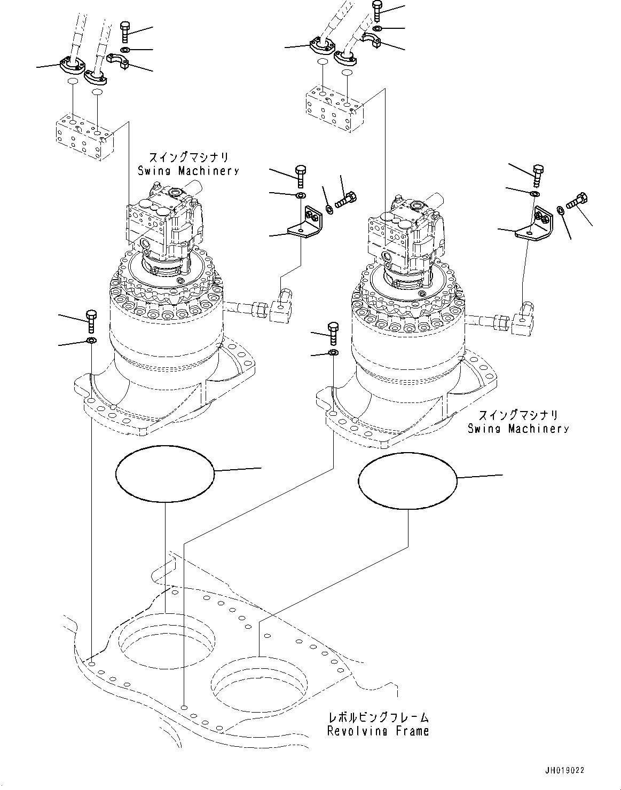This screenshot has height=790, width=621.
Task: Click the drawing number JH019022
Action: coord(564,771)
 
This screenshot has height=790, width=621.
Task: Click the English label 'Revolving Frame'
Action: coord(378,731)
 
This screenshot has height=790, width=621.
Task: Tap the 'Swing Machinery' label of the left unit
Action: coord(188,171)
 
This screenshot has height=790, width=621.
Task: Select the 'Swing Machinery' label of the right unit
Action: coord(518,428)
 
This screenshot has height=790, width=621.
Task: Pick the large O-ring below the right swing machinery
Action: coord(408,480)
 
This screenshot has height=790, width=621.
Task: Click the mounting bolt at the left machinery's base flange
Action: coord(90,322)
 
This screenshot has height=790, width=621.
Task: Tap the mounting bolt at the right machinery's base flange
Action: coord(333,335)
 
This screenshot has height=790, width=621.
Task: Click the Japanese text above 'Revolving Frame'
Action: coord(378,717)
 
